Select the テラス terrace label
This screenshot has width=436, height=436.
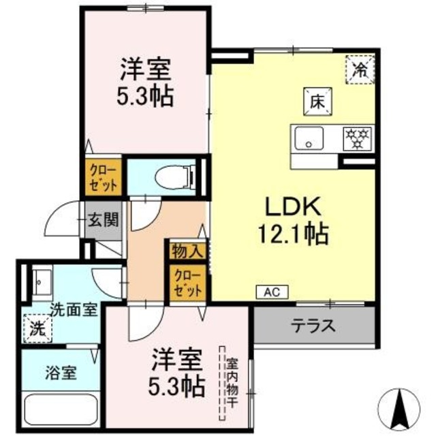pos(313,325)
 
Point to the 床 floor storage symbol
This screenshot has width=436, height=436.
pos(317,102)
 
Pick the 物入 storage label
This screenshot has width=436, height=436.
pos(187,250)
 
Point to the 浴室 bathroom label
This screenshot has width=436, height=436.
pos(60,373)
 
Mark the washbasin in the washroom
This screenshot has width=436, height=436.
pos(42,280)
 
